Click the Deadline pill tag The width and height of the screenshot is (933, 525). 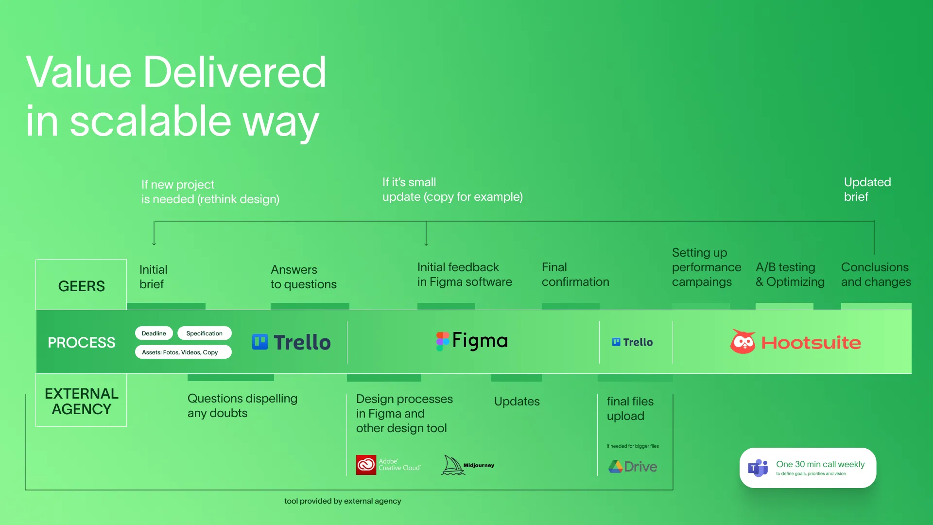click(x=154, y=333)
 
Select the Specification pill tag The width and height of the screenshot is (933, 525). click(x=205, y=333)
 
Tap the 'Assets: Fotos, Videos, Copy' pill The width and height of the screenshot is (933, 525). click(x=183, y=352)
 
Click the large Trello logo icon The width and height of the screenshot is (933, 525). click(x=260, y=342)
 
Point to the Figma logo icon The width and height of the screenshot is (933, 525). click(x=442, y=341)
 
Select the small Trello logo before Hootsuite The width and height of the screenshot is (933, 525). click(x=616, y=342)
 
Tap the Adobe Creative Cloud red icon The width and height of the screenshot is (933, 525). click(x=366, y=465)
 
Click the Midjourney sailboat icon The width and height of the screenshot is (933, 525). click(x=453, y=465)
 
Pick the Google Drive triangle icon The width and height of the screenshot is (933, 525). click(x=616, y=467)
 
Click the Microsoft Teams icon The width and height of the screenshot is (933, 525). click(x=758, y=468)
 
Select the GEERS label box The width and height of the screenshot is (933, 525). click(x=81, y=285)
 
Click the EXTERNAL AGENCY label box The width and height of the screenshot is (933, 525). click(x=81, y=400)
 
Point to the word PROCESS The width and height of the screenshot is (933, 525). click(x=82, y=343)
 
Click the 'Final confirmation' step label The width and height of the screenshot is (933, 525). click(x=575, y=275)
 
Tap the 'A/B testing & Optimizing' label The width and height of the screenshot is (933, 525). click(x=790, y=275)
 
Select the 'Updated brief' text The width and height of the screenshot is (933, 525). click(x=867, y=190)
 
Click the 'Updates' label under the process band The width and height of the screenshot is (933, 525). click(x=517, y=402)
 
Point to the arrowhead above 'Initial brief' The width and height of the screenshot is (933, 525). click(x=154, y=243)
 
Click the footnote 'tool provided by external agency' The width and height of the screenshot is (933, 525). click(x=343, y=501)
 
